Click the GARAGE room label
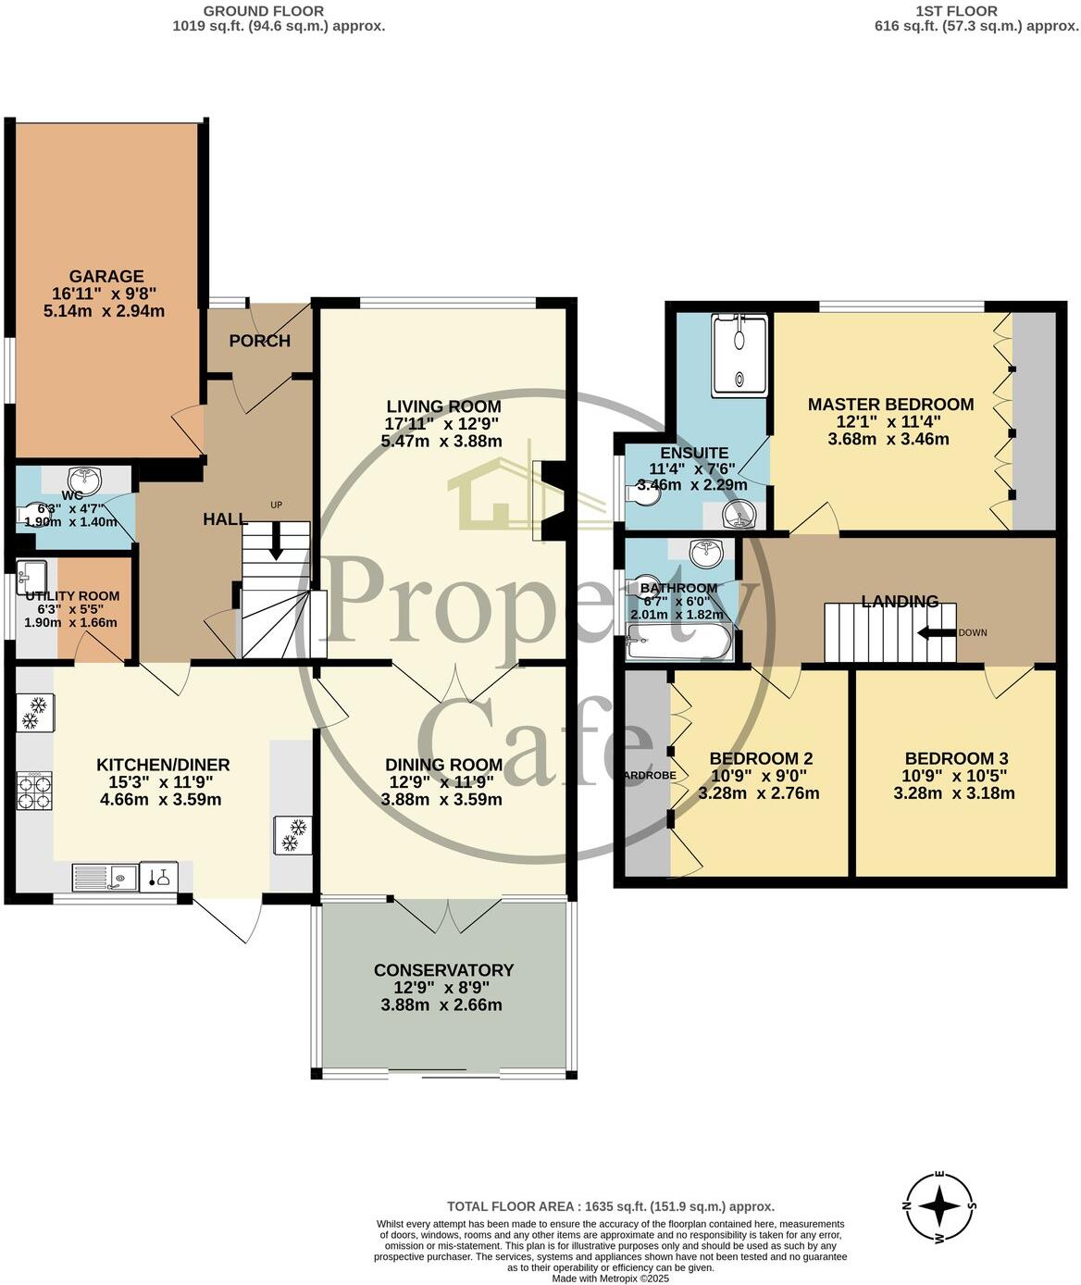pos(106,276)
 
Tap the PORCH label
pos(259,341)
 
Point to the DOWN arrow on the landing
pos(937,633)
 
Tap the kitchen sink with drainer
pos(105,876)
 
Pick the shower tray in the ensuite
pos(739,356)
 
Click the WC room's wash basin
pos(88,479)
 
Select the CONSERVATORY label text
pos(443,970)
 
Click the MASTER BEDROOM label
pos(890,405)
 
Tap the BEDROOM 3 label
pos(953,757)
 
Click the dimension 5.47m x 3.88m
pos(441,441)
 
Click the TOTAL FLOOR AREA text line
pos(610,1206)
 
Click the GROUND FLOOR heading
pos(264,11)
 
